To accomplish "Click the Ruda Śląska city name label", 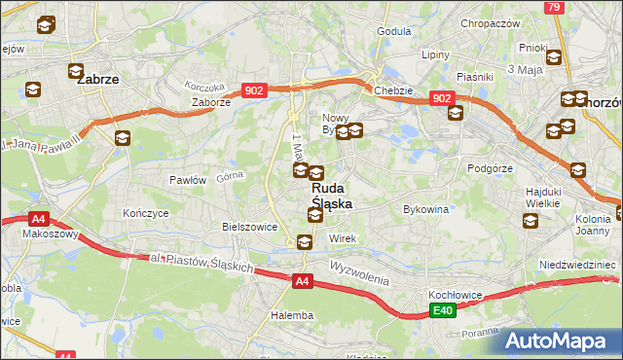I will (x=332, y=196).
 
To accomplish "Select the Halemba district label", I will (x=291, y=315).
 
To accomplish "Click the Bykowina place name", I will (x=425, y=209).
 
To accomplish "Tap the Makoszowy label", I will (x=28, y=235).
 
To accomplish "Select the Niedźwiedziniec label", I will (x=577, y=265).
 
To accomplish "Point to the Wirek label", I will (x=343, y=238).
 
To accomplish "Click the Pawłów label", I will (x=188, y=180).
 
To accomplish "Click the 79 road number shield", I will (x=553, y=7).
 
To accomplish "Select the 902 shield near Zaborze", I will (x=254, y=90).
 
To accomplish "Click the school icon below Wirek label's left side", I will (x=304, y=243).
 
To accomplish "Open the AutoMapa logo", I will (x=564, y=341).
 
